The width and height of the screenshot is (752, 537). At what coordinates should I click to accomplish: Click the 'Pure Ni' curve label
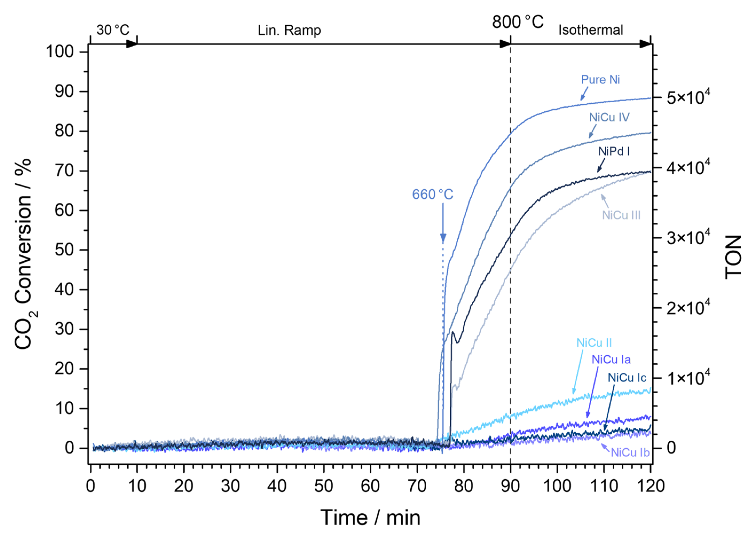[x=600, y=80]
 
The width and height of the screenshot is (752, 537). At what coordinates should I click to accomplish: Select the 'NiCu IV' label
[x=609, y=117]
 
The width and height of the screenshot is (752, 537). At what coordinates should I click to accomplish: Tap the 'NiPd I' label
[x=614, y=151]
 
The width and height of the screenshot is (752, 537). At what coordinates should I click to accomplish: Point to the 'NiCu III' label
[x=621, y=215]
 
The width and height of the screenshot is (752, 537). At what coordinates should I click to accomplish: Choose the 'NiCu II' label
[x=594, y=343]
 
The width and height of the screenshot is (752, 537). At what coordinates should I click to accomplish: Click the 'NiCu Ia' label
[x=611, y=359]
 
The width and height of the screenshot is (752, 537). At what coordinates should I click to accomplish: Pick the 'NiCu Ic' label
[x=627, y=378]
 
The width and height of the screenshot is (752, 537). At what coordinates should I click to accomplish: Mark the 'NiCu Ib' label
[x=630, y=452]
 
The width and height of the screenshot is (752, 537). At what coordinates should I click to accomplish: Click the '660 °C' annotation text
[x=432, y=194]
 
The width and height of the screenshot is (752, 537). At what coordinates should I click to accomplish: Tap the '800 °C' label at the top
[x=518, y=22]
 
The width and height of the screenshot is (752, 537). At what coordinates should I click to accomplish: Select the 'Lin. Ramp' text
[x=289, y=30]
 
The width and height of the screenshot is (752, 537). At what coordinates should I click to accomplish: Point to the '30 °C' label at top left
[x=113, y=30]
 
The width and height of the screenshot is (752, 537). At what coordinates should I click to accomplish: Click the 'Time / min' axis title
[x=370, y=518]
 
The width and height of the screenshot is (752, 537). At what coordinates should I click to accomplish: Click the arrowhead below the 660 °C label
[x=443, y=238]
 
